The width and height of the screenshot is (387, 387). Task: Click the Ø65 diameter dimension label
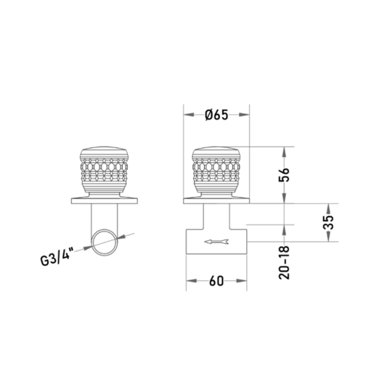[216, 115]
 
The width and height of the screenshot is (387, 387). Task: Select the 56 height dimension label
[284, 175]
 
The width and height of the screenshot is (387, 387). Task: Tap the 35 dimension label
[328, 222]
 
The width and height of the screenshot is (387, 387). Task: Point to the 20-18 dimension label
[284, 262]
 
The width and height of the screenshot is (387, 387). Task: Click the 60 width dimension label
[216, 281]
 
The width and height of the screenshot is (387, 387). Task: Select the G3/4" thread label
[57, 257]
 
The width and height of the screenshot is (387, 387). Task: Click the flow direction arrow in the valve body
[216, 242]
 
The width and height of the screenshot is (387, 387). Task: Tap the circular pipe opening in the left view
[105, 243]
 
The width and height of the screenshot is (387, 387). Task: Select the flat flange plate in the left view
[105, 200]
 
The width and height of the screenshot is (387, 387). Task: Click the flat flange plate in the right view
[216, 200]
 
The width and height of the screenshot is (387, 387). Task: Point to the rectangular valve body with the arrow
[216, 242]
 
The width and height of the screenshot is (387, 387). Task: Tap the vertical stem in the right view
[216, 216]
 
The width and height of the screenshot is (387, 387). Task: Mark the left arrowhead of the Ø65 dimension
[189, 115]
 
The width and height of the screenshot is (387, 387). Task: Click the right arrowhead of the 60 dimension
[242, 281]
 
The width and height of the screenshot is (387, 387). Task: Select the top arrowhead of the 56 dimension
[284, 152]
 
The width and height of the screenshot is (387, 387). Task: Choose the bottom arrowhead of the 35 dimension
[328, 237]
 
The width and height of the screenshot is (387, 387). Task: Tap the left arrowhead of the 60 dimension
[191, 281]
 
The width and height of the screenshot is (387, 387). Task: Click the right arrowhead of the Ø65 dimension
[245, 115]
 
